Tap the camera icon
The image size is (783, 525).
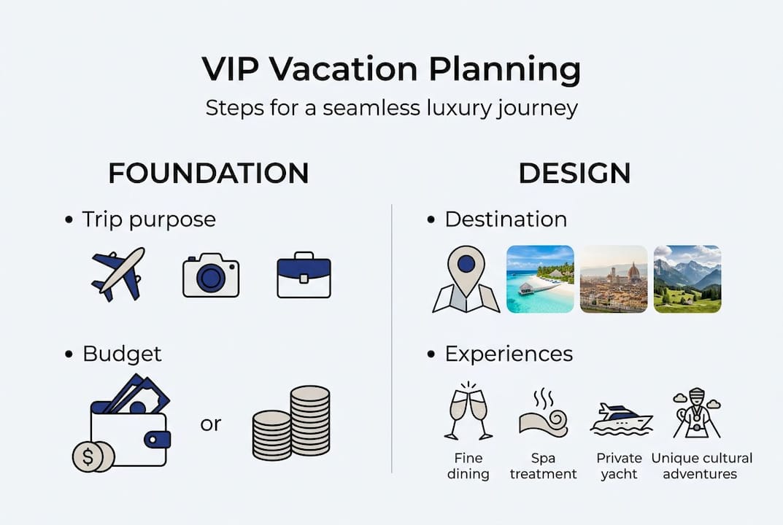(210, 276)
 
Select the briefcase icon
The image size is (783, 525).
(304, 276)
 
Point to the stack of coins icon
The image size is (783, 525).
(292, 424)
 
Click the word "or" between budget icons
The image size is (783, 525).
(211, 424)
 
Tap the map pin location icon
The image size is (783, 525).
(466, 279)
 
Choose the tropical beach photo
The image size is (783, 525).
(540, 279)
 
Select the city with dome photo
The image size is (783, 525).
(614, 279)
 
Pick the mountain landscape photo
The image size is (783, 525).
(687, 279)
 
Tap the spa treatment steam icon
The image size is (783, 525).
(543, 413)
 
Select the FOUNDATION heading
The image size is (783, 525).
(208, 174)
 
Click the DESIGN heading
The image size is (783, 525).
(574, 174)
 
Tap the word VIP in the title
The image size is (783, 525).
(229, 69)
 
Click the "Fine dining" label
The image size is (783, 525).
(468, 466)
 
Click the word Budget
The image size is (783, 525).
(122, 354)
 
